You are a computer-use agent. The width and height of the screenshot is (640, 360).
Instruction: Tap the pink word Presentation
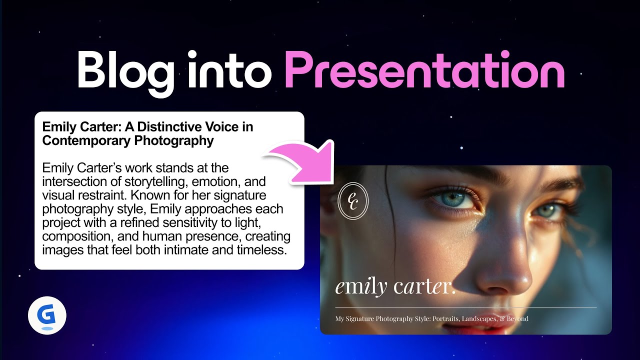tap(424, 70)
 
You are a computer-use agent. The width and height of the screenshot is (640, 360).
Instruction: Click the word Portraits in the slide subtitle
tap(446, 319)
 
